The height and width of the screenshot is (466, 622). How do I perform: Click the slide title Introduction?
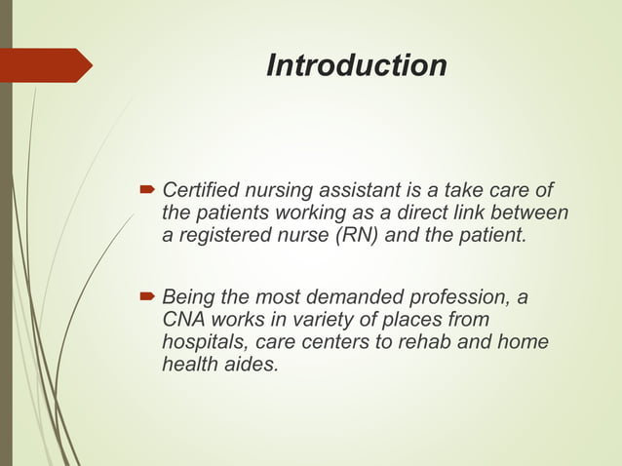[356, 65]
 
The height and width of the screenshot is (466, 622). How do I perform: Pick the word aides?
[250, 366]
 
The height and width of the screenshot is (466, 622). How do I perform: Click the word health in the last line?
[188, 366]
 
